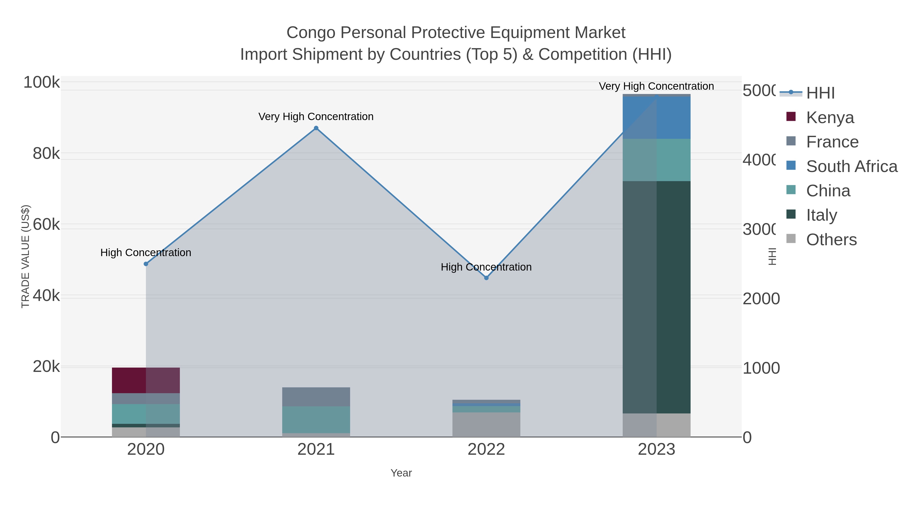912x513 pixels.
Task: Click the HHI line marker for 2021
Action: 316,128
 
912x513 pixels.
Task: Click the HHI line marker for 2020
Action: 146,264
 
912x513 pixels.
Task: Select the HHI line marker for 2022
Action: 486,278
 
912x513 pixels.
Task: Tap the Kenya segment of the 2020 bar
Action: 146,380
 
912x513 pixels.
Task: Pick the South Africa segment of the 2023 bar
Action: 656,118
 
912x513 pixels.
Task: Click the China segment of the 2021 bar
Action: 316,420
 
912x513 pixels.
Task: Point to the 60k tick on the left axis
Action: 46,224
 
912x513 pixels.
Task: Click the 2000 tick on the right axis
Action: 761,298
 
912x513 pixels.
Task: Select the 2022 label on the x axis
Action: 486,449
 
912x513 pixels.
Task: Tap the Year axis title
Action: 401,473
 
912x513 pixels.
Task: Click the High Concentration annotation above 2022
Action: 486,267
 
